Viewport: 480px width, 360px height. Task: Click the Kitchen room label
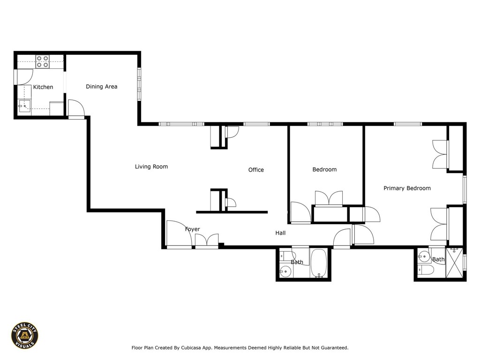click(x=43, y=87)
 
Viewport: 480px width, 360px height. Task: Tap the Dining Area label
click(x=101, y=87)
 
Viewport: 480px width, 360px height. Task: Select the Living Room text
click(x=151, y=167)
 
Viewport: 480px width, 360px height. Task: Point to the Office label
click(x=256, y=170)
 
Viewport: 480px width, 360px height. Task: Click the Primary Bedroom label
click(x=407, y=188)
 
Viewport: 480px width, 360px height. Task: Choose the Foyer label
click(x=192, y=229)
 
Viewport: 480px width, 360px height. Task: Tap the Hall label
click(x=280, y=233)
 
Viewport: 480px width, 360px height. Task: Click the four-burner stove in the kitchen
click(x=43, y=61)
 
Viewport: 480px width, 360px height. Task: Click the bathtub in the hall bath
click(x=319, y=263)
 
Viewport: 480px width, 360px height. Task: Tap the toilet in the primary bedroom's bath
click(x=425, y=270)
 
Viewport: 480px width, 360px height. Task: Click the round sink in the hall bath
click(x=285, y=270)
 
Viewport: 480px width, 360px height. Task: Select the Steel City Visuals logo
click(x=25, y=335)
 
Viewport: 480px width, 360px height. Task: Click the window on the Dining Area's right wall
click(x=139, y=84)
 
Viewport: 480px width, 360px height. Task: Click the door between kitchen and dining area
click(x=75, y=109)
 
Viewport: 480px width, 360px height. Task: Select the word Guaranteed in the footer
click(x=332, y=348)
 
